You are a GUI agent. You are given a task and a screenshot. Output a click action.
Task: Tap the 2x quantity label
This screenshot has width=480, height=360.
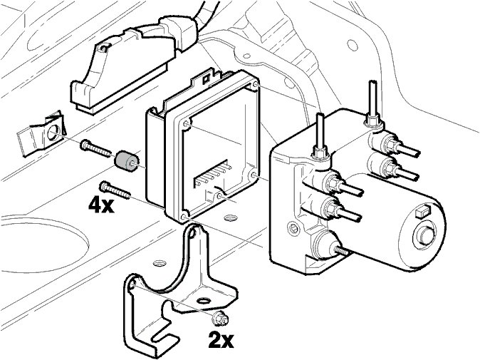point(221,339)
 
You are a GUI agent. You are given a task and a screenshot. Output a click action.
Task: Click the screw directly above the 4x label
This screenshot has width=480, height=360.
point(116,189)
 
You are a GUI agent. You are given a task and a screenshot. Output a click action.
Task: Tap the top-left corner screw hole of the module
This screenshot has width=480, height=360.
point(187,124)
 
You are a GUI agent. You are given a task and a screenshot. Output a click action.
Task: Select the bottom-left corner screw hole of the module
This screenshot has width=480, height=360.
point(184,215)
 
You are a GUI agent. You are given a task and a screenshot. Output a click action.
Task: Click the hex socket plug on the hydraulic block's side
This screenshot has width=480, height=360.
point(291,230)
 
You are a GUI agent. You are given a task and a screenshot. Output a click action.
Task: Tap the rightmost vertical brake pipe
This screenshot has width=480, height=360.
point(372,100)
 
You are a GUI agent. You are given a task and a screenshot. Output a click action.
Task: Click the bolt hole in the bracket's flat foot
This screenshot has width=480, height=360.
point(204,302)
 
